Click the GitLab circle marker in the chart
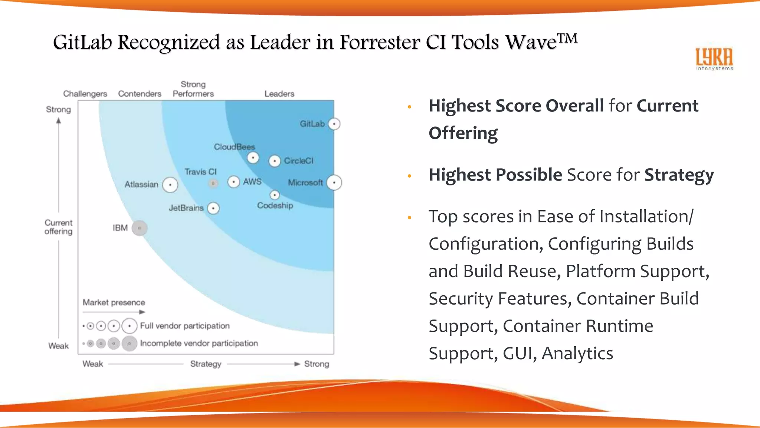tap(334, 124)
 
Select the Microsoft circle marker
tap(334, 182)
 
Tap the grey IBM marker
tap(140, 228)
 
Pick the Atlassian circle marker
tap(170, 185)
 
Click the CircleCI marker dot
tap(275, 161)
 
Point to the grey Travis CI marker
tap(213, 183)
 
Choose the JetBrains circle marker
tap(213, 208)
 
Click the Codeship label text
tap(275, 205)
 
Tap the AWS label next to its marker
tap(252, 182)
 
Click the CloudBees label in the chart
tap(234, 147)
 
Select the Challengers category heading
tap(85, 94)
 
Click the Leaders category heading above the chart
tap(279, 94)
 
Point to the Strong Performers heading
tap(193, 89)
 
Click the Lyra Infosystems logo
tap(714, 59)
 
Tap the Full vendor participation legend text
tap(185, 326)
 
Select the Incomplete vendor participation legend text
tap(199, 343)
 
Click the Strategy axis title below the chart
tap(206, 364)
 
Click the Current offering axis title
tap(58, 227)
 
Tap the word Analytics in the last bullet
tap(577, 353)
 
